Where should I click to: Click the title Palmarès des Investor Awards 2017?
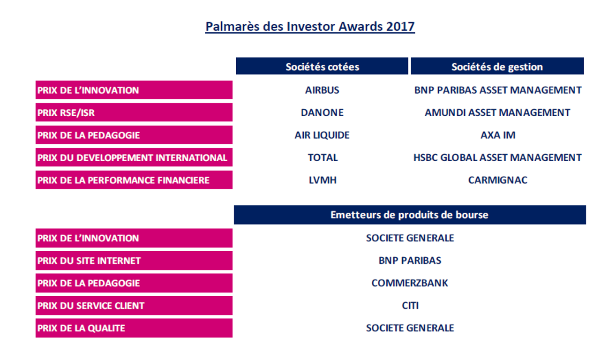tap(310, 26)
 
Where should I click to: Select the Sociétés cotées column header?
tap(322, 67)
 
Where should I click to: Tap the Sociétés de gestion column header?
tap(497, 67)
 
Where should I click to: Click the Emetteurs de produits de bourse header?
tap(409, 215)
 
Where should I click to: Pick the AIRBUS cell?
tap(322, 90)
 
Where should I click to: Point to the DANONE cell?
tap(322, 112)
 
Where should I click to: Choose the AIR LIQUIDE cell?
tap(322, 135)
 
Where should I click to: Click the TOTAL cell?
tap(322, 157)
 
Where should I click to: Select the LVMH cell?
tap(322, 180)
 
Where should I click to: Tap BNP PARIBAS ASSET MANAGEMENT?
tap(497, 90)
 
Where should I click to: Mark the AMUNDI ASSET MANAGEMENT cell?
tap(497, 112)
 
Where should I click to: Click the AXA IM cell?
tap(497, 135)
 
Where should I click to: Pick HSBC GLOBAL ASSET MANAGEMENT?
tap(497, 157)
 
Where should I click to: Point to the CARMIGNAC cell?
tap(497, 180)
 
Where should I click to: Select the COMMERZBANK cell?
tap(410, 283)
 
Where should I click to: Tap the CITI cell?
tap(410, 306)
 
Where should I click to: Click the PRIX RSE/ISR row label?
tap(134, 112)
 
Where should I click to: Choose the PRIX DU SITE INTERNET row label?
tap(134, 261)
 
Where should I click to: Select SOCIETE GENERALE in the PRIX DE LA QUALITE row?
tap(410, 328)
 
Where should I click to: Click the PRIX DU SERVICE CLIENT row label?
tap(134, 306)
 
